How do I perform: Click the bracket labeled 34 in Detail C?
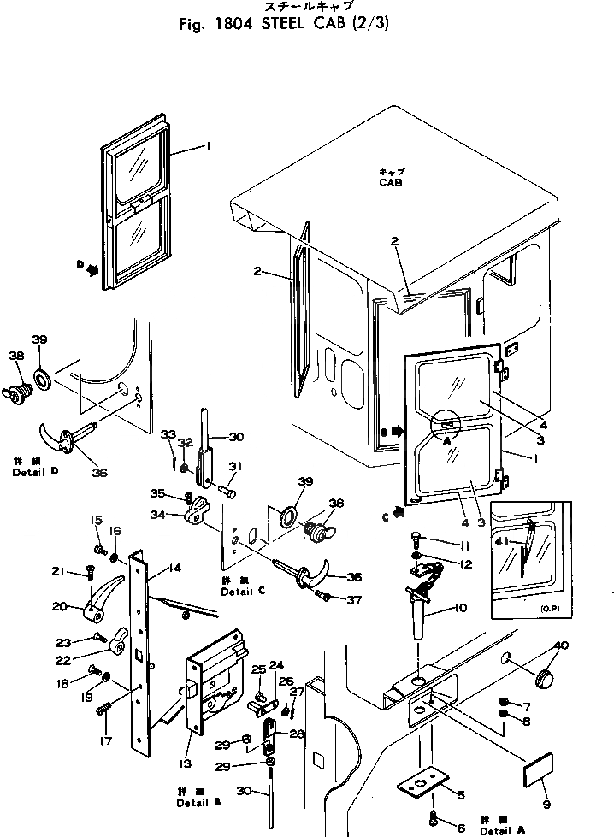[x=198, y=513]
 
